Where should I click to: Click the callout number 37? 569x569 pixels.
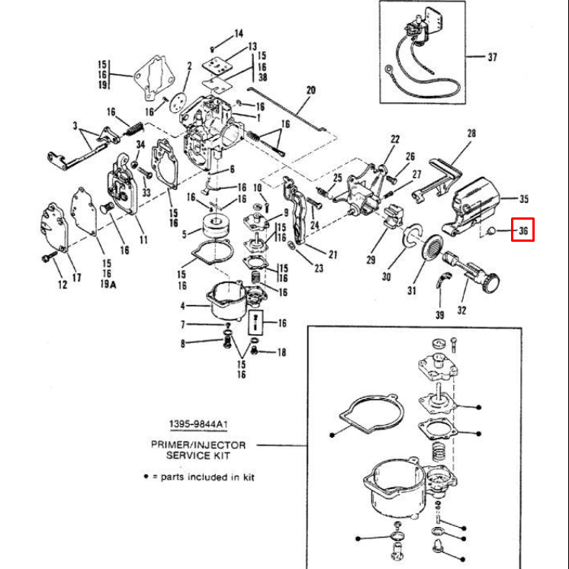click(x=492, y=56)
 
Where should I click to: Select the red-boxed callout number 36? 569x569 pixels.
click(x=522, y=230)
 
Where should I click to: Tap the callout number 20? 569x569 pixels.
click(x=310, y=90)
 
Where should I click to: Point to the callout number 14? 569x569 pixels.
click(x=239, y=33)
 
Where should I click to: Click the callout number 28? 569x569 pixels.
click(x=471, y=133)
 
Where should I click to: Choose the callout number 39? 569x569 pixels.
click(x=439, y=314)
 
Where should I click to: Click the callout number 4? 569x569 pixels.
click(x=182, y=306)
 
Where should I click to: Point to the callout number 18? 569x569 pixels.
click(x=281, y=352)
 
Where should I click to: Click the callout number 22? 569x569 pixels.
click(x=395, y=139)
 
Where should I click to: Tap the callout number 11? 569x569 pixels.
click(x=143, y=240)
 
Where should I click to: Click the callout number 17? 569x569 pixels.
click(x=76, y=277)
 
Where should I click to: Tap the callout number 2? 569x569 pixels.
click(x=188, y=66)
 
